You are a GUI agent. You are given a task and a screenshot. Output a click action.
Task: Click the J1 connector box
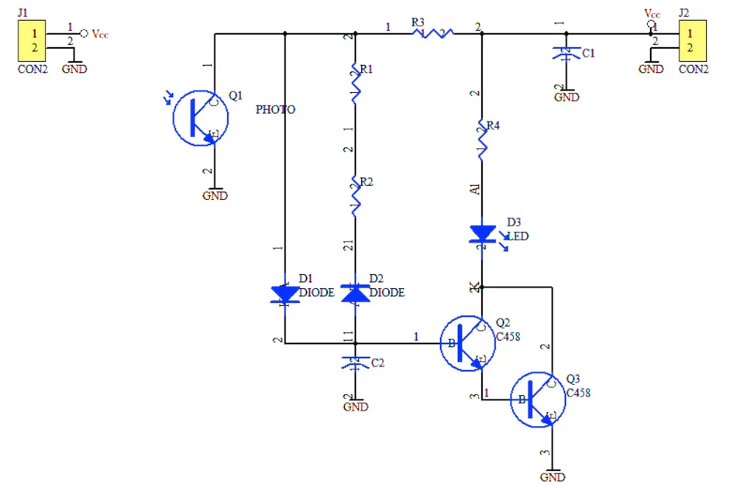point(32,41)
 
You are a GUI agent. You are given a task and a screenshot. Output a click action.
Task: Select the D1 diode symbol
point(284,294)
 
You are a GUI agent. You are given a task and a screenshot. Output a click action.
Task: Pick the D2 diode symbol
point(356,293)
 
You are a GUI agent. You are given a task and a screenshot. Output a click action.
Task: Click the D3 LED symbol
point(483,234)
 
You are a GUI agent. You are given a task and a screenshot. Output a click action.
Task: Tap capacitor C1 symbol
point(566,54)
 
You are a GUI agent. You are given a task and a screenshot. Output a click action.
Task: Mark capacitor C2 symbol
point(356,362)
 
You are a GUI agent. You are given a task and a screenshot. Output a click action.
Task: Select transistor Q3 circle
point(539,400)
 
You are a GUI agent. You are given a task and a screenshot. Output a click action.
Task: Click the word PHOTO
point(275,110)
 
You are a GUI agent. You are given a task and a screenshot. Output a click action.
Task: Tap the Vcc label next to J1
point(100,34)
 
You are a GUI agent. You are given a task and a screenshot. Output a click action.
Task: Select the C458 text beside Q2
point(508,337)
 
